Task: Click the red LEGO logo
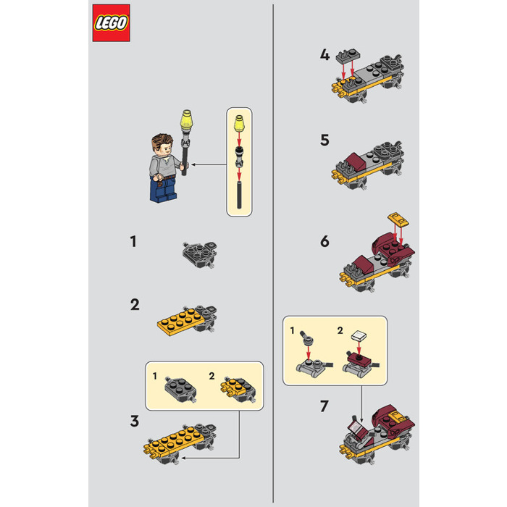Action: click(x=111, y=23)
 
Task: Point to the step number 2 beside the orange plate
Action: click(x=135, y=304)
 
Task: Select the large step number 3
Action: click(x=135, y=419)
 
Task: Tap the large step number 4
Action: click(x=324, y=55)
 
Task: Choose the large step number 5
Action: click(x=324, y=139)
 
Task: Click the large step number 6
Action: click(x=324, y=240)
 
